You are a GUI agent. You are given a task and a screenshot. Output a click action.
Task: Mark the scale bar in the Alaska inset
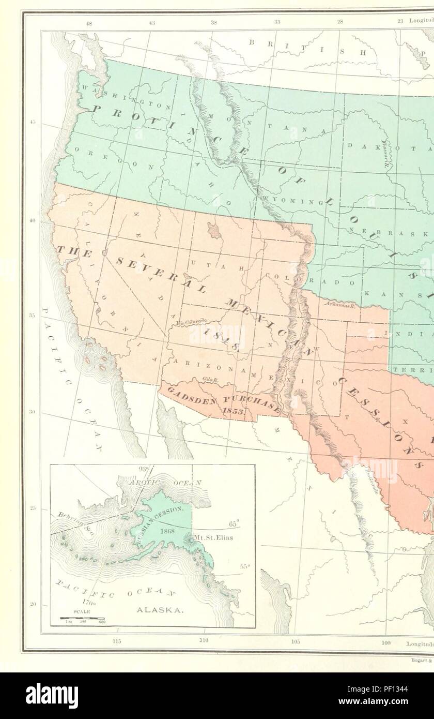pos(82,618)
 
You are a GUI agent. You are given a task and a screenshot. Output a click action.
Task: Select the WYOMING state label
pos(282,199)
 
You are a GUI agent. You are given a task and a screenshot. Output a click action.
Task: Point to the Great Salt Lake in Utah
pos(212,228)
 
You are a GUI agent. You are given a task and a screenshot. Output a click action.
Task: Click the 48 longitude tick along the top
pos(89,22)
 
